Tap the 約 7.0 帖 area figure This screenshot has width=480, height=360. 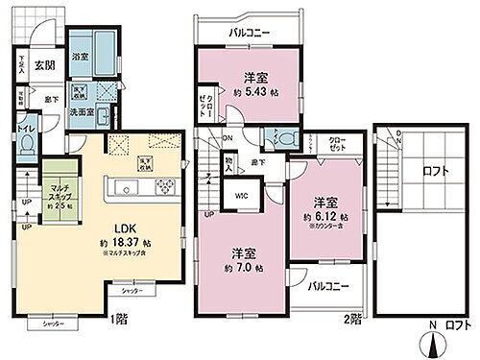point(243,268)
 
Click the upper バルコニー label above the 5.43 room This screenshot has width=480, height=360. point(248,34)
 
